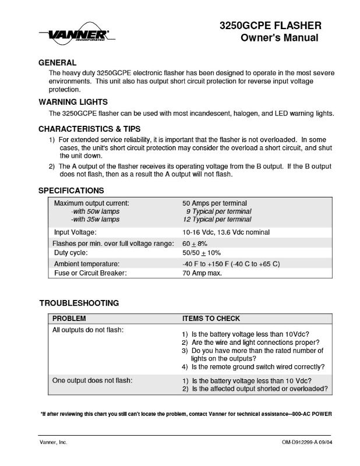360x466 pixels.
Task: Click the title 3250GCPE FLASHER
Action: point(269,26)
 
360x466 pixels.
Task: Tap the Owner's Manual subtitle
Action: point(279,38)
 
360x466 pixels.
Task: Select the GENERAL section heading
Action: point(57,62)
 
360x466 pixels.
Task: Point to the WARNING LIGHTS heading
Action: point(73,101)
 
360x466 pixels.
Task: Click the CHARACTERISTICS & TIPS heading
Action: point(89,128)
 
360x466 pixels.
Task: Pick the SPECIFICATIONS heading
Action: point(71,190)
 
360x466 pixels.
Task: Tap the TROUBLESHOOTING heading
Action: point(79,303)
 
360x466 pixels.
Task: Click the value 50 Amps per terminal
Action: point(214,203)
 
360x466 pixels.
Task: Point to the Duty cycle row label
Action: point(70,253)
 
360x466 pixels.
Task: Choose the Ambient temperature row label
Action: point(87,264)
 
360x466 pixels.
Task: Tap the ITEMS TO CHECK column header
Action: point(211,319)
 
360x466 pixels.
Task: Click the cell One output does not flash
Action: point(91,380)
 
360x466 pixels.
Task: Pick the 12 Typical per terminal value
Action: point(217,219)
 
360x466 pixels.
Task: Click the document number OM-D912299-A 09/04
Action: point(302,443)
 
